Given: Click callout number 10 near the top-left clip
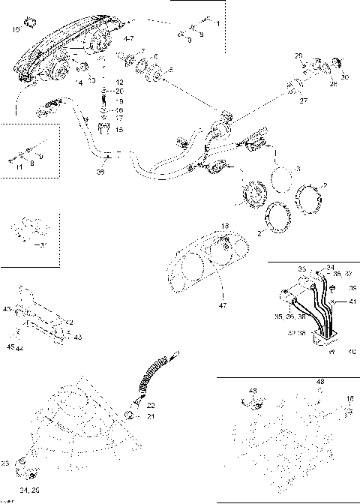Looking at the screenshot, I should pos(16,30).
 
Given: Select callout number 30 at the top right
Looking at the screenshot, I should pos(346,77).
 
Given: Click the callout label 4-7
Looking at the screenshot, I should pos(128,37).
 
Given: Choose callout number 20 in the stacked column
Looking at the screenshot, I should pos(119,91).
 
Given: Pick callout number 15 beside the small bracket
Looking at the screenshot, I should pos(119,129).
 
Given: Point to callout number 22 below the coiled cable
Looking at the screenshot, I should pos(150,406).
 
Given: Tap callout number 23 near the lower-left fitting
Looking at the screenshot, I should pos(5,463).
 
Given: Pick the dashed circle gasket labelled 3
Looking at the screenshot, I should pos(283,179).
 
